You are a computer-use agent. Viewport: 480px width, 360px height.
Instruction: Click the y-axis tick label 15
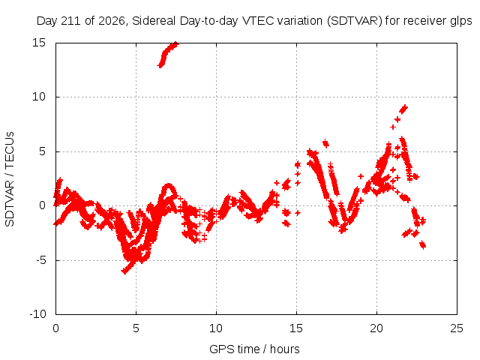click(x=38, y=43)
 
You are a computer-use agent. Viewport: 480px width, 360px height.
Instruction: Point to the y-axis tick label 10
click(x=38, y=97)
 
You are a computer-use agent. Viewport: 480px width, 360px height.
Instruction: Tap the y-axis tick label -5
click(x=40, y=260)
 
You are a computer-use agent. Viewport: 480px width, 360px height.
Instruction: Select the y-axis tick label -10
click(x=37, y=314)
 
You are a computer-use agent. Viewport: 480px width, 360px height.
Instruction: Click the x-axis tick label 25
click(x=457, y=328)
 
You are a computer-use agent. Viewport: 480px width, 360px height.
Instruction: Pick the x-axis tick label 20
click(x=376, y=328)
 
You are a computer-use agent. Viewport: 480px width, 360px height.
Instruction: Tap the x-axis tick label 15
click(x=296, y=328)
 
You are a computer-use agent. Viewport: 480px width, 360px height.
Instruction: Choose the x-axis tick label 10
click(x=216, y=328)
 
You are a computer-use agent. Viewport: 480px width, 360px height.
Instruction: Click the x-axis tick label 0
click(x=55, y=328)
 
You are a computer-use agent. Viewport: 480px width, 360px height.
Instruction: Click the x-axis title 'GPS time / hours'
click(x=254, y=349)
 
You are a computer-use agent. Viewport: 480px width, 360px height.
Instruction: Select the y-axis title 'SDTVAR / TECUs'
click(x=10, y=179)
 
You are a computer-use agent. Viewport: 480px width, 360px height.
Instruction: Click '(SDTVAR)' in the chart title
click(x=355, y=21)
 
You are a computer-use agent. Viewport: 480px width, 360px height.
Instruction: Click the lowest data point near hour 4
click(x=124, y=271)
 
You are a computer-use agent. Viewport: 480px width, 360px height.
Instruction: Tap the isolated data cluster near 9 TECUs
click(x=403, y=109)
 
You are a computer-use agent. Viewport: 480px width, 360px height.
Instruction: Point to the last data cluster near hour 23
click(x=423, y=245)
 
